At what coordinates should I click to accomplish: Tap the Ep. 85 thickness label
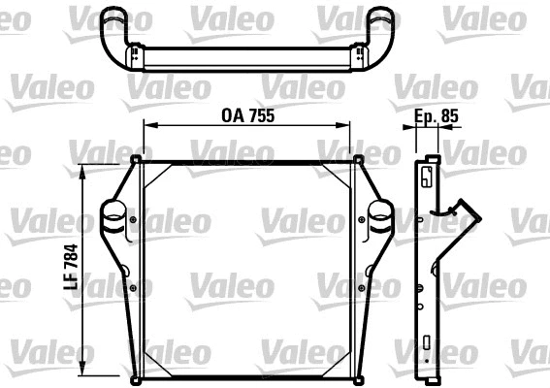pyautogui.click(x=437, y=115)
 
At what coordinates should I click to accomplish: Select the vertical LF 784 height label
pyautogui.click(x=72, y=263)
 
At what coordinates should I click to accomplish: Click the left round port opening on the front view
pyautogui.click(x=114, y=210)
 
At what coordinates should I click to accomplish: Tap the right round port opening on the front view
pyautogui.click(x=379, y=210)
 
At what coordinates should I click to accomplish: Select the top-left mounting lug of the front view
pyautogui.click(x=137, y=159)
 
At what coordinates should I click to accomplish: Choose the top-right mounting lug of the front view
pyautogui.click(x=358, y=159)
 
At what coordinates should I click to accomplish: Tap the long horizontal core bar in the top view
pyautogui.click(x=247, y=57)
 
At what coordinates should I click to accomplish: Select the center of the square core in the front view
pyautogui.click(x=247, y=267)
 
